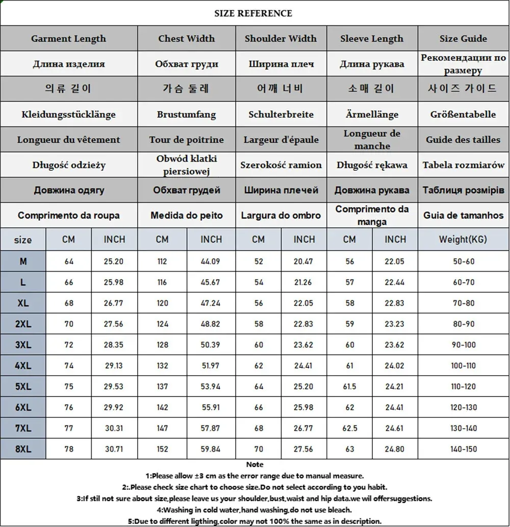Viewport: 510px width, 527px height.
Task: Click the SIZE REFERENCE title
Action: pos(253,13)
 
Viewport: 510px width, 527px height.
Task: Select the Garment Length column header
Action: pos(68,39)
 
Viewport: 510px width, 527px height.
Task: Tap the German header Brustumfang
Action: pos(186,115)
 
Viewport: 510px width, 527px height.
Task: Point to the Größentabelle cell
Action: pos(463,115)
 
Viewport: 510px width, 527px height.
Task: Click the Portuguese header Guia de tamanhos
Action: pos(463,216)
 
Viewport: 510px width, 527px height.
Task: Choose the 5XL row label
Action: pos(23,387)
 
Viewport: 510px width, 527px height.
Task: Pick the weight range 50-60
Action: pos(463,262)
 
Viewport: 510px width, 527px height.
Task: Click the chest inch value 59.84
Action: pos(211,450)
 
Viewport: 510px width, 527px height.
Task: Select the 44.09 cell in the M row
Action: pos(211,262)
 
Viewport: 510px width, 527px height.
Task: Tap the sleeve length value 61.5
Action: pos(349,387)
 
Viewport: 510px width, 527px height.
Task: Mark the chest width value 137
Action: pos(162,387)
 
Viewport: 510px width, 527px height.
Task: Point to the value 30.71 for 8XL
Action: pos(114,450)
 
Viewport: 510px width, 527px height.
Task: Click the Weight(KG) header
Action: pos(463,239)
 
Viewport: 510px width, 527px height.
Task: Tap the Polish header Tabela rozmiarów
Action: pos(463,165)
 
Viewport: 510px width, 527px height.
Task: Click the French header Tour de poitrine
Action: pos(186,140)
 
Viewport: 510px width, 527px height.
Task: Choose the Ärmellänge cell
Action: pos(372,115)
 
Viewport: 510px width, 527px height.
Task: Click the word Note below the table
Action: pos(254,465)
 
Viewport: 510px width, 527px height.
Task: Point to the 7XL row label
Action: pos(23,429)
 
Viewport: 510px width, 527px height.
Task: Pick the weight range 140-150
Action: pos(463,450)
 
